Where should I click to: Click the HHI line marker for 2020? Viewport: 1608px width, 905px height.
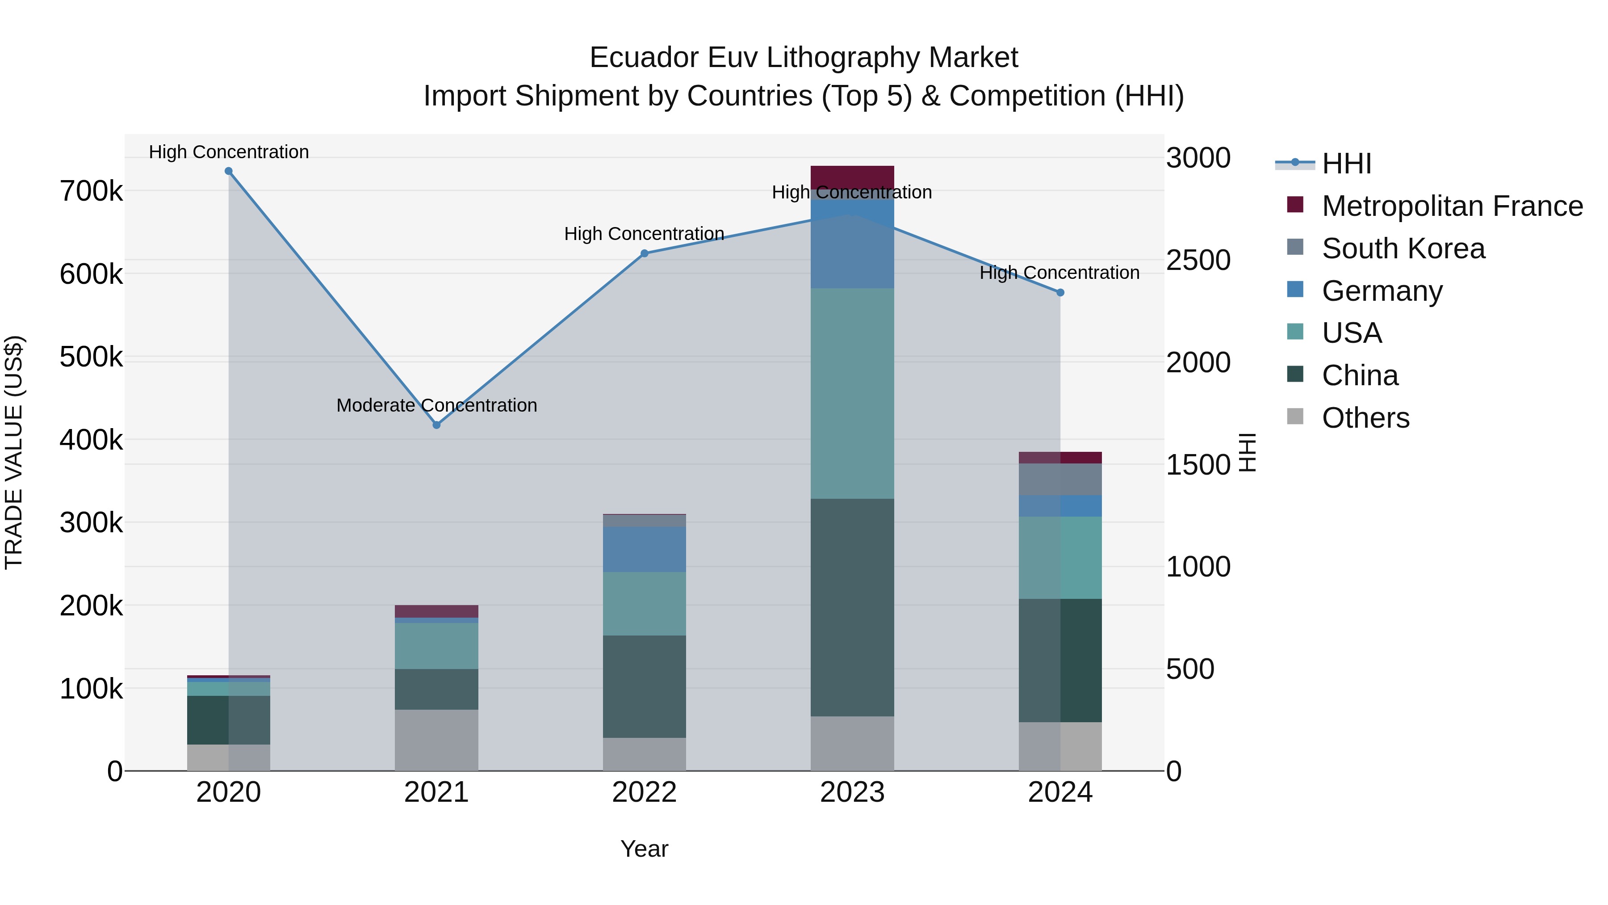[228, 171]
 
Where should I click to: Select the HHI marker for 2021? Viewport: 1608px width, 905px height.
[436, 425]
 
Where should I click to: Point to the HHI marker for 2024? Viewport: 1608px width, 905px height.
[1060, 292]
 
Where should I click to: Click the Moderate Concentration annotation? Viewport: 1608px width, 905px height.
[436, 405]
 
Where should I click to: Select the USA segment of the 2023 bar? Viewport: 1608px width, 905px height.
[852, 393]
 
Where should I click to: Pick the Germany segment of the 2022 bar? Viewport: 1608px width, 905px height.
[644, 550]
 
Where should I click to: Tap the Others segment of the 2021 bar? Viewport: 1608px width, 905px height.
[436, 740]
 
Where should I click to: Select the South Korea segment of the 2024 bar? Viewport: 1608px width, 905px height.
[1060, 479]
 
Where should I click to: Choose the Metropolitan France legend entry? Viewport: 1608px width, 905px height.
[1452, 206]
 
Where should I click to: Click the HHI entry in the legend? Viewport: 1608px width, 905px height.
[1346, 164]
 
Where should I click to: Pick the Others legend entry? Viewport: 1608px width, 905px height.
[1365, 418]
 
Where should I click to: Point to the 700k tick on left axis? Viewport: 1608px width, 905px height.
[91, 191]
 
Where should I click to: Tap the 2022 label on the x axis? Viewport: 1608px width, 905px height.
[644, 792]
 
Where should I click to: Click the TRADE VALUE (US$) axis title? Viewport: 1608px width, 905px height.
[14, 452]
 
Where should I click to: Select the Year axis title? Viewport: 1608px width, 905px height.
[644, 849]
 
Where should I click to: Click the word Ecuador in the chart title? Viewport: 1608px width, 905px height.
[644, 58]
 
